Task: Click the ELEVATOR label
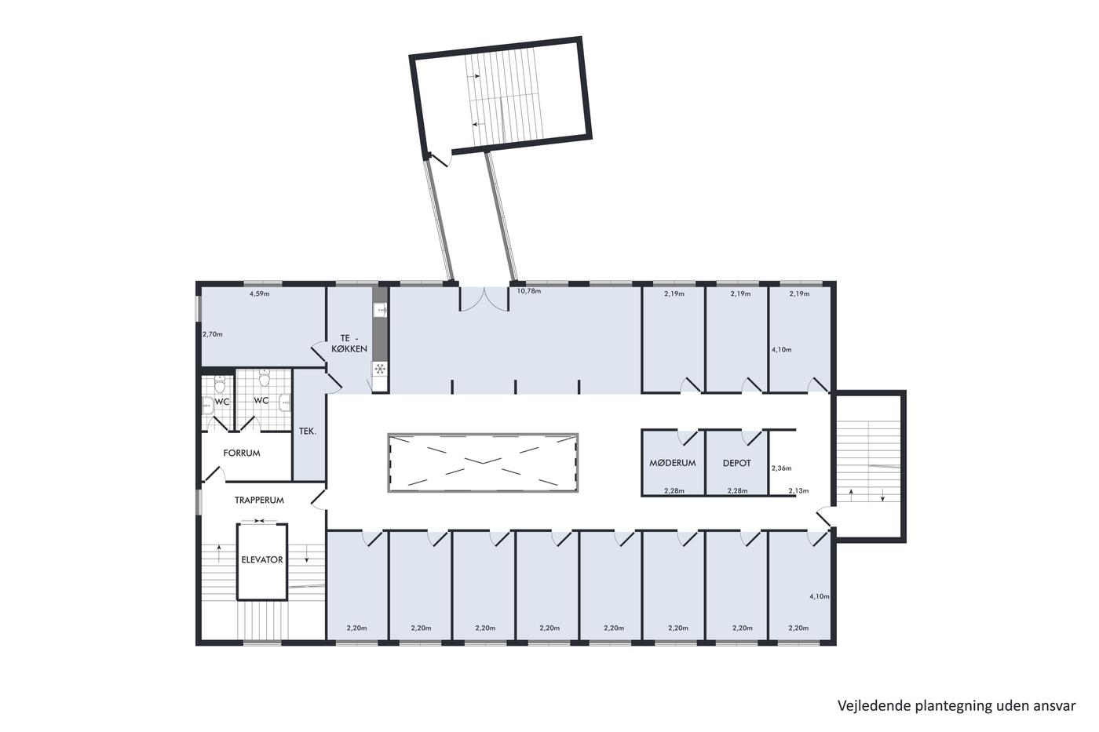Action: (262, 559)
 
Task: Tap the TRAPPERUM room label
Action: (259, 500)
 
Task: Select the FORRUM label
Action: (242, 453)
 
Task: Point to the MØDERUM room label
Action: (672, 463)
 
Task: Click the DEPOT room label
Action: (736, 463)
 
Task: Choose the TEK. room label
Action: (308, 432)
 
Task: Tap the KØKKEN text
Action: (349, 349)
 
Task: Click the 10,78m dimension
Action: (529, 291)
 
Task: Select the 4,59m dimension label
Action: (260, 294)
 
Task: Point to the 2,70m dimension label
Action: (213, 334)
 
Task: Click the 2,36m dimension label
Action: (782, 468)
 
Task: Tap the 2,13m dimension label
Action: (799, 491)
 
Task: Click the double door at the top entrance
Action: (484, 299)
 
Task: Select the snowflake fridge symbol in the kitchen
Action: (379, 369)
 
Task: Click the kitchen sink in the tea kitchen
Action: (380, 310)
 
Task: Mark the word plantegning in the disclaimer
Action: (935, 707)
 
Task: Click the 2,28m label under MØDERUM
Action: (674, 491)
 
